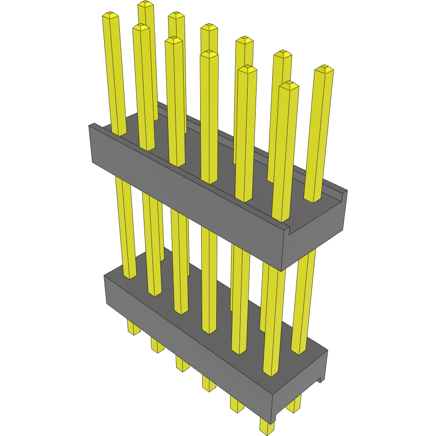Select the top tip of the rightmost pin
tap(324, 69)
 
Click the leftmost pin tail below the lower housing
tap(134, 328)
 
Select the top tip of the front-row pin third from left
tap(174, 41)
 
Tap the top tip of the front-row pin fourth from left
tap(209, 54)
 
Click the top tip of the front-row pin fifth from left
tap(247, 69)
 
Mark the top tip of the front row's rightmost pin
tap(289, 86)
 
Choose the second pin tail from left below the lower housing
tap(158, 344)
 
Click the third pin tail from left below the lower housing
tap(182, 364)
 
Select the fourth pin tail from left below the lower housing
tap(208, 383)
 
